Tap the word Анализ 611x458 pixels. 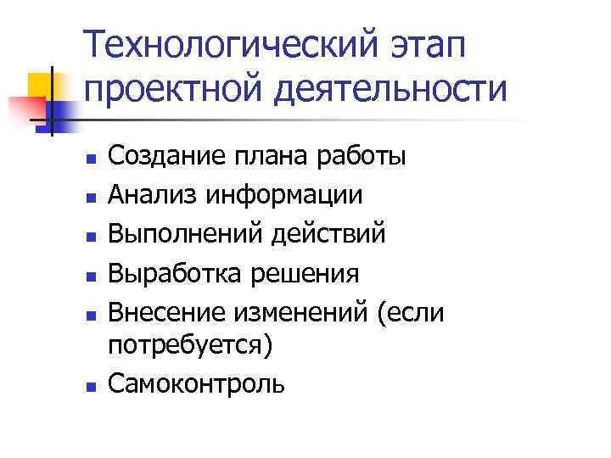[148, 195]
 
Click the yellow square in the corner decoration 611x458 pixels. [42, 86]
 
